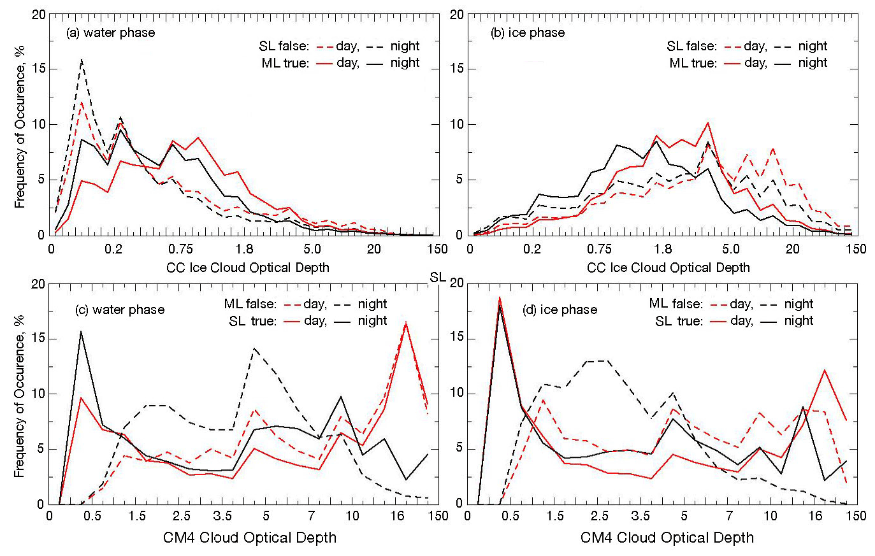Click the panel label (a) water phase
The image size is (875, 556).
111,32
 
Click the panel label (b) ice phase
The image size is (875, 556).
528,32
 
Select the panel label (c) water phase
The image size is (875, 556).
120,310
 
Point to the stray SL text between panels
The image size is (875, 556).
438,278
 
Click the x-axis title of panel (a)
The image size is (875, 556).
248,267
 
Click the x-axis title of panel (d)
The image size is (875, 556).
667,538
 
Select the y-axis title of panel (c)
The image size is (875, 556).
20,396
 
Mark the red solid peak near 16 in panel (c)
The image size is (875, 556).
406,323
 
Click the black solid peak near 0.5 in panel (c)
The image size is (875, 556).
81,331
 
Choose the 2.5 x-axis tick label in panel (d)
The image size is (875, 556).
601,515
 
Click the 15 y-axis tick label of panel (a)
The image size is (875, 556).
38,69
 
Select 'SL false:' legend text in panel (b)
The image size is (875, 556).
691,46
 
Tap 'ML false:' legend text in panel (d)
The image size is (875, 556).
676,304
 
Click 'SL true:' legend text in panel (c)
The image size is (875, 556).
253,321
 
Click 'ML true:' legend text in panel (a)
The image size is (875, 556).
285,63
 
